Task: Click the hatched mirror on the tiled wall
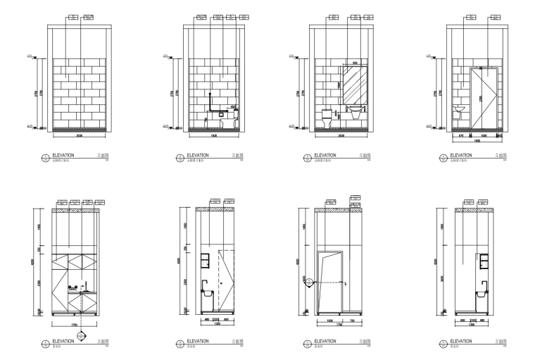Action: (x=353, y=85)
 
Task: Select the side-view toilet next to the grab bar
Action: (x=229, y=120)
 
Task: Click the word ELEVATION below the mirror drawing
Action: (x=325, y=154)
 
